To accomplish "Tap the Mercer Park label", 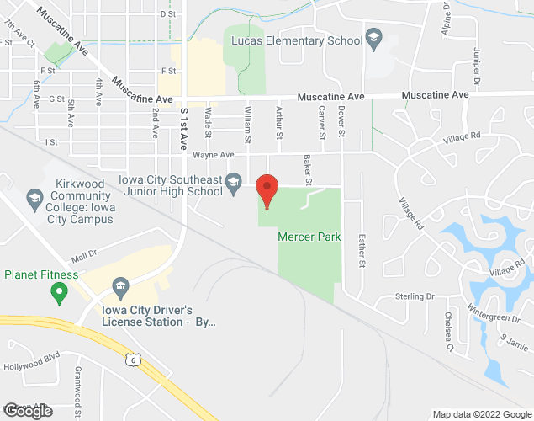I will [309, 237].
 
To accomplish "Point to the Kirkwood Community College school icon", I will [35, 200].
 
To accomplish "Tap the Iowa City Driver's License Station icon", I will [119, 288].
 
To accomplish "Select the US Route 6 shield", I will [132, 360].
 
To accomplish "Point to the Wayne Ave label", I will [213, 155].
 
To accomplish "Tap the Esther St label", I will [362, 250].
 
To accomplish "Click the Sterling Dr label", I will [415, 296].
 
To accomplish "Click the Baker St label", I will [308, 171].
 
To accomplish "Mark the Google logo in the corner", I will [27, 411].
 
